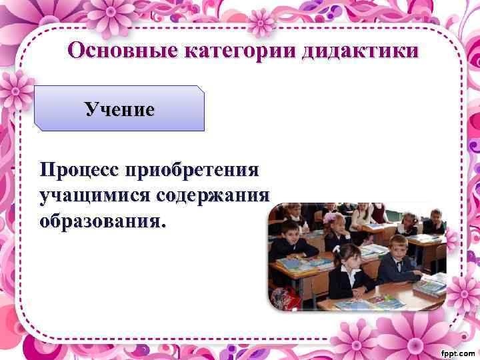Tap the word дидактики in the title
[359, 51]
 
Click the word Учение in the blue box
[119, 109]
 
